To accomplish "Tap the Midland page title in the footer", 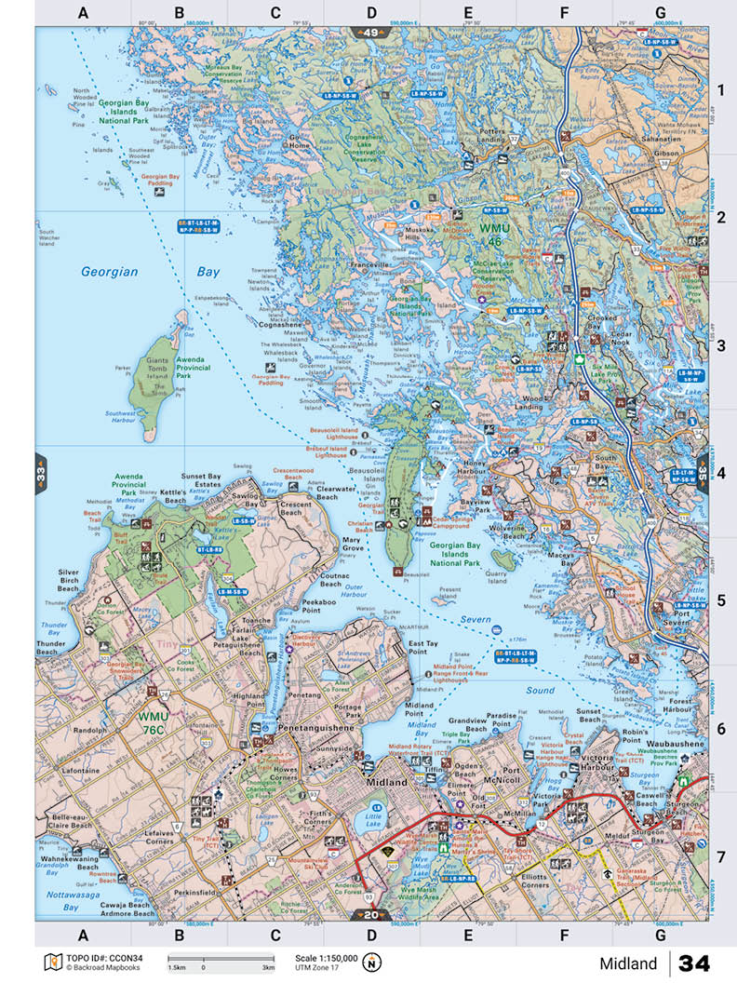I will [x=628, y=963].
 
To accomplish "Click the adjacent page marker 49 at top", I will [x=372, y=34].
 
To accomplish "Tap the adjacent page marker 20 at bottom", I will [x=372, y=914].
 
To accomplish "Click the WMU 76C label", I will [x=156, y=722].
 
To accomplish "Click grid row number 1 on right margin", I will [x=720, y=90].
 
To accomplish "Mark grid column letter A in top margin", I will [x=83, y=13].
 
